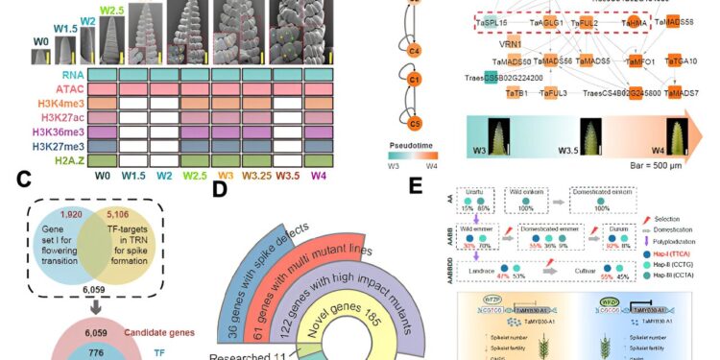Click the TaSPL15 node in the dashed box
[496, 23]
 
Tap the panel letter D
[219, 190]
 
